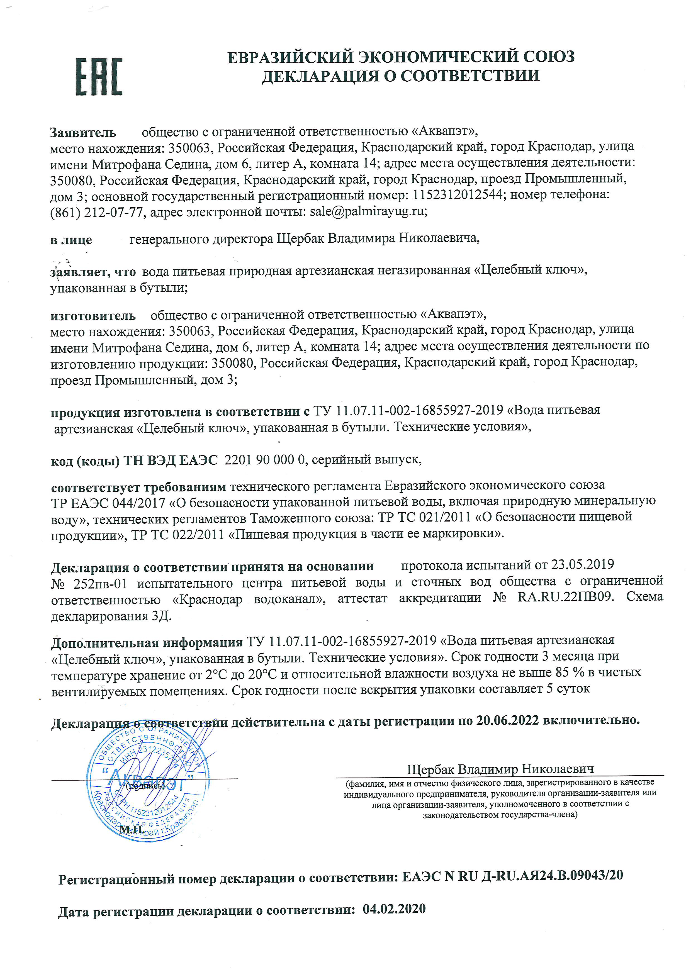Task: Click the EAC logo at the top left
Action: (99, 77)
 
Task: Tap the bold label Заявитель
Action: (83, 133)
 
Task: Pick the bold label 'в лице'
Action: (71, 240)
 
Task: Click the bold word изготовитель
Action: (93, 316)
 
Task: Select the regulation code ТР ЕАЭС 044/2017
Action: (108, 503)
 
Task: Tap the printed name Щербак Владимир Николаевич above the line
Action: (500, 769)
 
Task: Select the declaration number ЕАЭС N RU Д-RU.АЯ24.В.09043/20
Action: (512, 875)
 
